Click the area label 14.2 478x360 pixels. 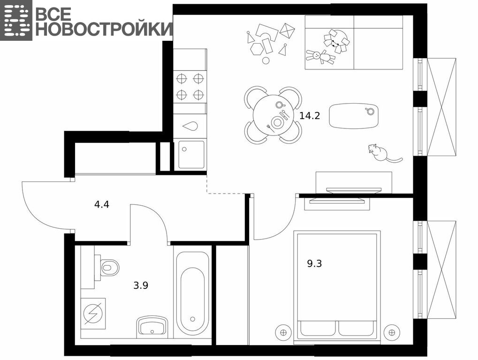(310, 116)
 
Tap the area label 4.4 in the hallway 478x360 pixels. (101, 204)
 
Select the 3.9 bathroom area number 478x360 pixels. (141, 285)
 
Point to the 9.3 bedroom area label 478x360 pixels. (314, 263)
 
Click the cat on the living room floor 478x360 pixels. (383, 153)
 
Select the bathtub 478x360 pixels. (192, 293)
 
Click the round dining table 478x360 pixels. (273, 115)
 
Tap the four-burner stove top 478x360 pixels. (190, 87)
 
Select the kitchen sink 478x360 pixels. (191, 155)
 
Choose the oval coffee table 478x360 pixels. (354, 116)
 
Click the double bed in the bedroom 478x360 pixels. (337, 287)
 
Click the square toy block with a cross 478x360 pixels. (287, 31)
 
